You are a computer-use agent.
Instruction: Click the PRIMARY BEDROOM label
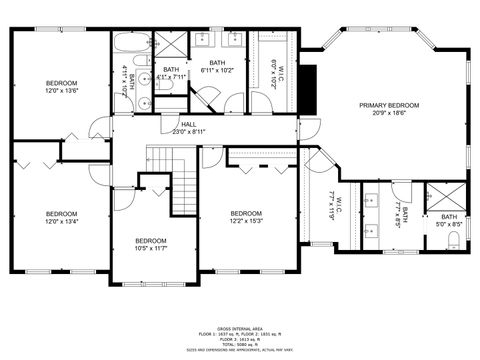pyautogui.click(x=389, y=105)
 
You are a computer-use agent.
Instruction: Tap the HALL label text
pyautogui.click(x=188, y=124)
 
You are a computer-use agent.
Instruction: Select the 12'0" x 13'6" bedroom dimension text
pyautogui.click(x=61, y=91)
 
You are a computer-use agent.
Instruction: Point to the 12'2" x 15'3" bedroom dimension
pyautogui.click(x=246, y=221)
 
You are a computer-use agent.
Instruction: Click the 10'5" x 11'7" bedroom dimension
pyautogui.click(x=150, y=248)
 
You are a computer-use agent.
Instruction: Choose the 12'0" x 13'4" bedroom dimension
pyautogui.click(x=61, y=221)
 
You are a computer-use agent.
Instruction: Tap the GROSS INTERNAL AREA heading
pyautogui.click(x=239, y=327)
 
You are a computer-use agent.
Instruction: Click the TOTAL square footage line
pyautogui.click(x=239, y=345)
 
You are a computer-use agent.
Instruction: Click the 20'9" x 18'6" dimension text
pyautogui.click(x=389, y=113)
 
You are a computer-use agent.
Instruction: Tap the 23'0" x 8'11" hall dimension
pyautogui.click(x=188, y=131)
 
